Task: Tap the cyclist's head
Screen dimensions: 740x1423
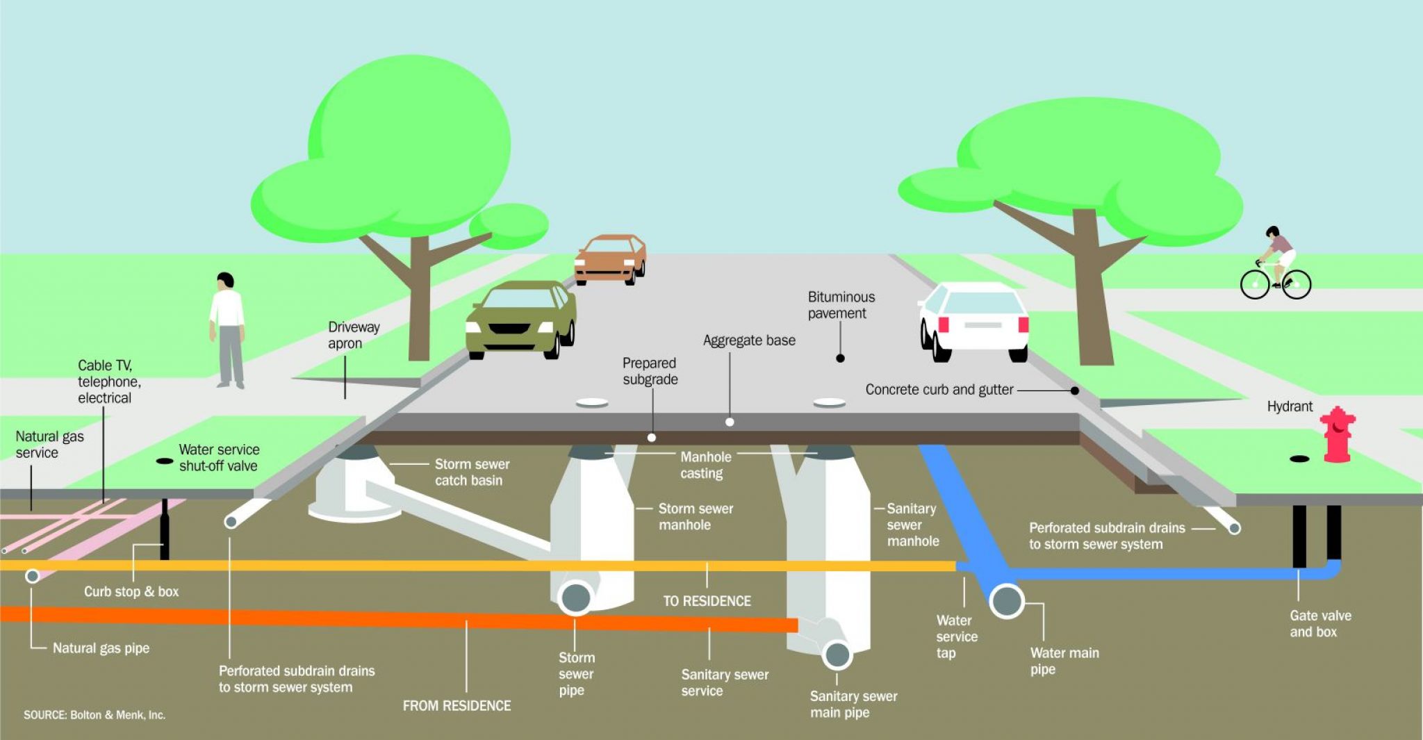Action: tap(1272, 233)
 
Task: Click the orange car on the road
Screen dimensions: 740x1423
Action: tap(610, 258)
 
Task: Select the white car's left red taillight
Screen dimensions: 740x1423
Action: tap(944, 324)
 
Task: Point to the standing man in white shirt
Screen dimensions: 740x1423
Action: tap(227, 330)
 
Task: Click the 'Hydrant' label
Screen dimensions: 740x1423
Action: tap(1290, 406)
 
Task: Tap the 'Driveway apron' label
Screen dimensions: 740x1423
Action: tap(354, 335)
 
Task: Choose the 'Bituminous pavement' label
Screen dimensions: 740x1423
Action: tap(841, 305)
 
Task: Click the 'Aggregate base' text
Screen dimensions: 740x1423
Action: tap(749, 340)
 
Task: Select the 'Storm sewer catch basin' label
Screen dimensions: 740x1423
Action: tap(472, 472)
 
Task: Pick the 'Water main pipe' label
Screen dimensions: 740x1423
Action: tap(1064, 661)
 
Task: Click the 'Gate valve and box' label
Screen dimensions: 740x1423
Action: tap(1320, 623)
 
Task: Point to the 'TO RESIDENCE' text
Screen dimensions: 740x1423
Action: tap(707, 601)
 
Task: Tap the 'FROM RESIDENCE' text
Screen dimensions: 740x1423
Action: tap(456, 706)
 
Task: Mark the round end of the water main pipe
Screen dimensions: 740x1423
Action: tap(1007, 601)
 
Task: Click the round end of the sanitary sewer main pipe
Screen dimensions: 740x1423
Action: tap(837, 655)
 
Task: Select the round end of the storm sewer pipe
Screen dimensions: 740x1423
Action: tap(576, 598)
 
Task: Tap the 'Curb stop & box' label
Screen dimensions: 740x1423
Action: tap(131, 592)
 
